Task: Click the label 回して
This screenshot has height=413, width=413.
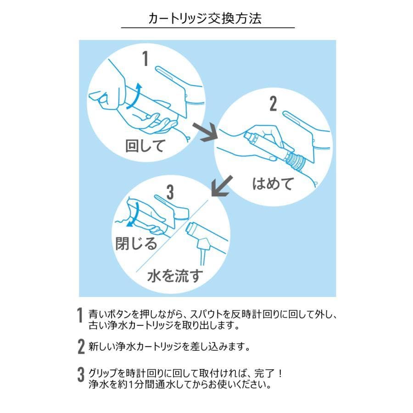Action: click(x=145, y=146)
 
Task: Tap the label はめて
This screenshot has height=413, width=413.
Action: click(x=273, y=184)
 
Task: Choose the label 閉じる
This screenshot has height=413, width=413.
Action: click(x=136, y=242)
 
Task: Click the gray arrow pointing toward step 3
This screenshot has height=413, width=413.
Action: click(x=221, y=187)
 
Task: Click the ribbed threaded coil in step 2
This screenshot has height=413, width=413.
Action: click(x=294, y=161)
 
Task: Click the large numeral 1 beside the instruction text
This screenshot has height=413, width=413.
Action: click(x=80, y=316)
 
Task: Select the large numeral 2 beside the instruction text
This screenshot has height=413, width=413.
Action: click(x=80, y=347)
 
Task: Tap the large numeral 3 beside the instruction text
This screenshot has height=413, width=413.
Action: click(x=80, y=377)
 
